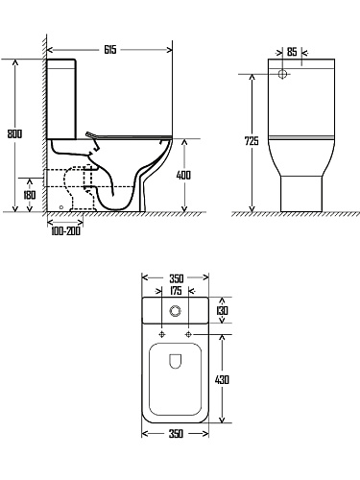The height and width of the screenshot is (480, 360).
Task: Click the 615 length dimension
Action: click(x=110, y=50)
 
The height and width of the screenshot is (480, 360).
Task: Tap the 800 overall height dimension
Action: click(x=14, y=133)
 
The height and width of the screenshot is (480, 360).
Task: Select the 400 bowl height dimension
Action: click(x=183, y=175)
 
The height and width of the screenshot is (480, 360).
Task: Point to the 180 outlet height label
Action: click(x=30, y=195)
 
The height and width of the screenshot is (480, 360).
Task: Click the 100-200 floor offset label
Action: click(x=65, y=230)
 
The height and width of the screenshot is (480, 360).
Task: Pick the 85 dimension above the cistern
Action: click(x=292, y=52)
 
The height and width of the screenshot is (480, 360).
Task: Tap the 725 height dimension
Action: click(x=252, y=141)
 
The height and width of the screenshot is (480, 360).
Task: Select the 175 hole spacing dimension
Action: click(x=176, y=291)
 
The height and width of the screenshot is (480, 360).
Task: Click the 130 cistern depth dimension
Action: click(x=222, y=310)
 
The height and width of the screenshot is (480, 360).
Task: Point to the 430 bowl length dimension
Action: click(x=222, y=380)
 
